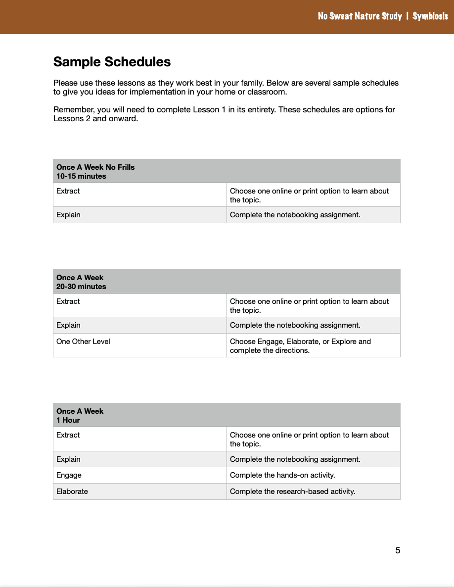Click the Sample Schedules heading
click(112, 62)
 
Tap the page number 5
click(398, 550)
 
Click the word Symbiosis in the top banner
click(430, 16)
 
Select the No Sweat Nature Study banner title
click(360, 16)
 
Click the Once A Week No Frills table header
click(95, 167)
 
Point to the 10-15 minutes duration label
click(81, 176)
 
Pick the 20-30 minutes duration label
click(81, 287)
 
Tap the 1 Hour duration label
click(68, 420)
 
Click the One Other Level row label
click(83, 342)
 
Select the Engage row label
click(69, 475)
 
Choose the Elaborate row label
click(72, 491)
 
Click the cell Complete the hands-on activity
click(282, 475)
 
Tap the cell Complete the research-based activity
click(293, 491)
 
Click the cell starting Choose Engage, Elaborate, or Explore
click(300, 346)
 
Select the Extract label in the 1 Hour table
click(68, 435)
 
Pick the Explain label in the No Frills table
click(68, 215)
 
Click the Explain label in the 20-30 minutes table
click(68, 325)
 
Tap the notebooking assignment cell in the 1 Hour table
click(295, 459)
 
